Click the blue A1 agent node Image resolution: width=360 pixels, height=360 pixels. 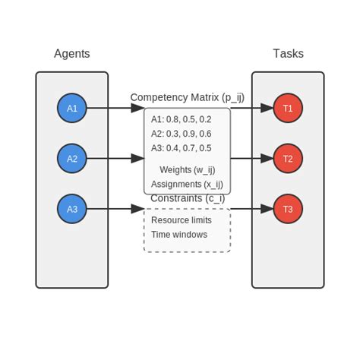click(x=72, y=108)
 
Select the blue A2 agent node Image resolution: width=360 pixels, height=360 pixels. click(x=72, y=159)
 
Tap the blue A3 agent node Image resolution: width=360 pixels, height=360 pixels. click(x=72, y=209)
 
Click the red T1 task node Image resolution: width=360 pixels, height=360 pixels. click(x=288, y=108)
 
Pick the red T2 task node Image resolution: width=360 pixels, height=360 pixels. click(x=288, y=159)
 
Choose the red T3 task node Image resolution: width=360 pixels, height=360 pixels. click(x=288, y=209)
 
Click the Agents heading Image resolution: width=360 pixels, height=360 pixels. click(x=72, y=54)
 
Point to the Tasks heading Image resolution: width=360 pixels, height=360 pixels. click(x=288, y=54)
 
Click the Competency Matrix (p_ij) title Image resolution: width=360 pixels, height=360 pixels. click(x=187, y=97)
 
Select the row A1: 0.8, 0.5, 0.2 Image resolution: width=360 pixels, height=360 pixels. click(x=181, y=119)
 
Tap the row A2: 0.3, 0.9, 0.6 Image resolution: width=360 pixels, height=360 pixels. click(x=181, y=134)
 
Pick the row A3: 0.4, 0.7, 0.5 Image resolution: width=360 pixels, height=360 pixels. click(x=181, y=148)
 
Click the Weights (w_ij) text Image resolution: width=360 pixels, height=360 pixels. click(x=187, y=169)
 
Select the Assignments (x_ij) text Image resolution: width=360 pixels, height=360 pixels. click(x=187, y=184)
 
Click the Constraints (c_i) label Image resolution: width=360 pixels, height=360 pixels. click(x=187, y=198)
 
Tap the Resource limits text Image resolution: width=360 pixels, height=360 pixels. click(x=182, y=220)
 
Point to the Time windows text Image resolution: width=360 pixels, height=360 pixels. click(x=179, y=235)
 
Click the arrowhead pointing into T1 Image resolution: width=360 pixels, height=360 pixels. click(x=267, y=108)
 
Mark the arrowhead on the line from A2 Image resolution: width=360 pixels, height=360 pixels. click(x=137, y=159)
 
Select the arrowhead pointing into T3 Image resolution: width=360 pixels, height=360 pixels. click(x=267, y=209)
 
